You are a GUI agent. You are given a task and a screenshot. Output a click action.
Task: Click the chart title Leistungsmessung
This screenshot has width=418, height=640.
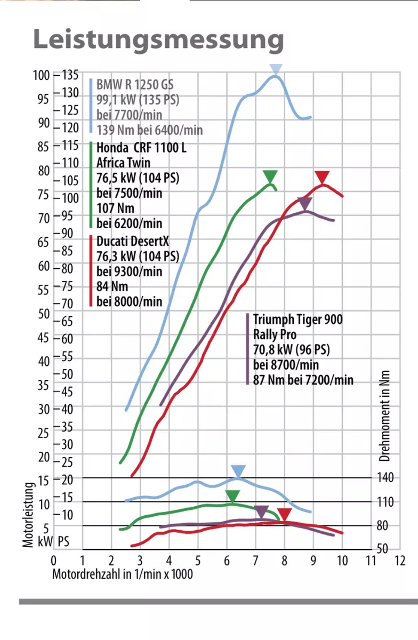tap(158, 39)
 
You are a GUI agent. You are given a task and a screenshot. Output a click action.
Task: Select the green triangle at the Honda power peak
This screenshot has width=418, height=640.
tap(270, 177)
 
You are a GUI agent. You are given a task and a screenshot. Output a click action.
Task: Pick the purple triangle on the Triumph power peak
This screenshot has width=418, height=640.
tap(304, 203)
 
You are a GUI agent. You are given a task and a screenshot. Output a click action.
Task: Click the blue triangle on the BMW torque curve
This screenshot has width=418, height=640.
tap(238, 471)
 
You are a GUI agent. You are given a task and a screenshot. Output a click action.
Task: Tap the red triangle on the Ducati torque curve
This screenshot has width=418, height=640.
tap(284, 515)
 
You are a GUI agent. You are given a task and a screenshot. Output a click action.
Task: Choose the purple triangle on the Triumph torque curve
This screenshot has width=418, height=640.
tap(261, 512)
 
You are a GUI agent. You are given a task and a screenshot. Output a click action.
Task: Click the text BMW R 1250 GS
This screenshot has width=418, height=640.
tap(135, 85)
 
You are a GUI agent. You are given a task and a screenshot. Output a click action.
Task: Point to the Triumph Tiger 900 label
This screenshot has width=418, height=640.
tap(298, 319)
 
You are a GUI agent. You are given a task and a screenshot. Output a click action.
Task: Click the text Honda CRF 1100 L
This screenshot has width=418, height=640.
tap(141, 148)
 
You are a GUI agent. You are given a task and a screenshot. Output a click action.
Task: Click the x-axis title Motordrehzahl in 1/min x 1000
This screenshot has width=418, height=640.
tap(123, 574)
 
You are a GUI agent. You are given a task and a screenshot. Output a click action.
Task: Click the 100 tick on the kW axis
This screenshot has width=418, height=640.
tap(41, 75)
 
